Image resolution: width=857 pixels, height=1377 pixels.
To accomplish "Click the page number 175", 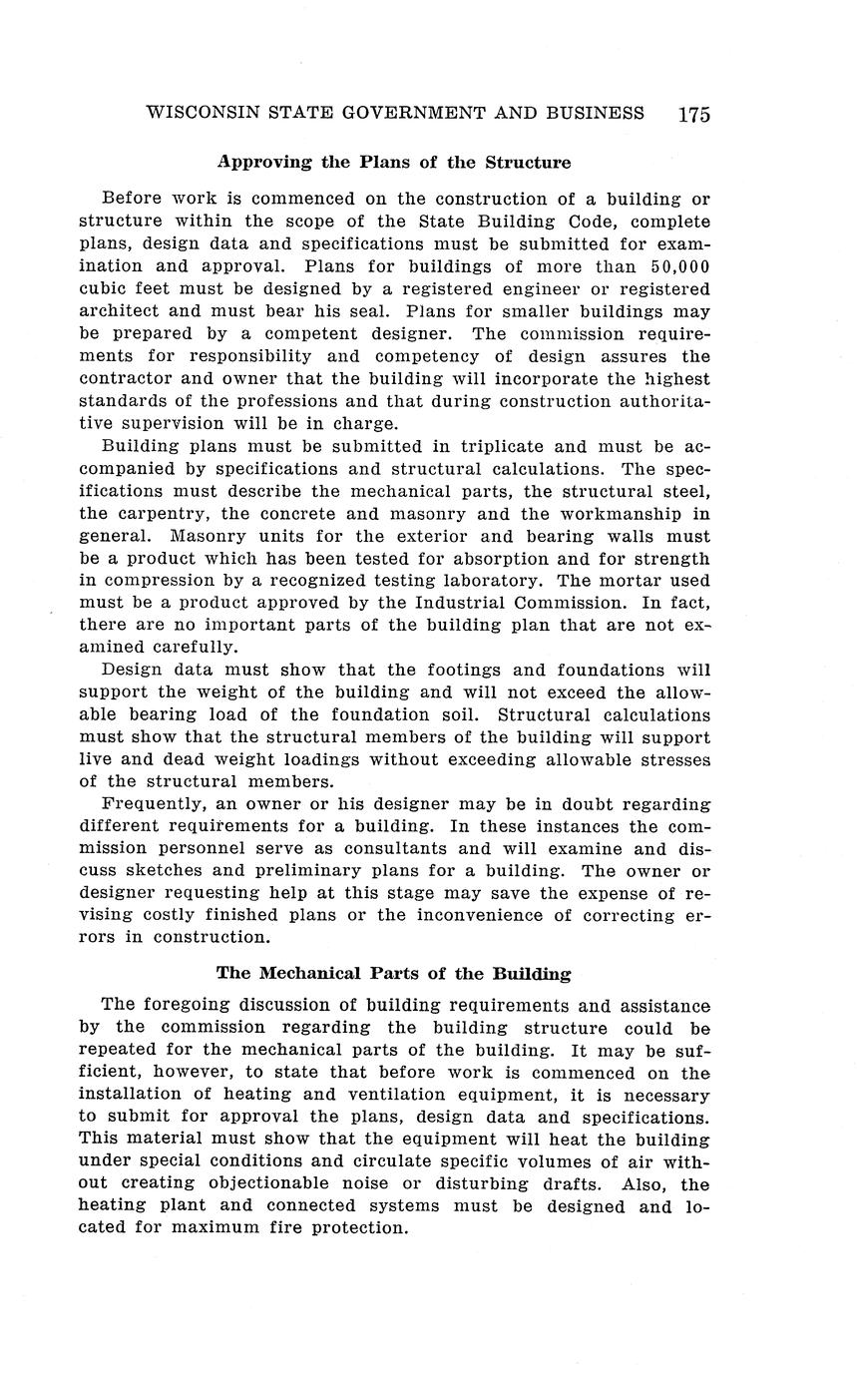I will (693, 114).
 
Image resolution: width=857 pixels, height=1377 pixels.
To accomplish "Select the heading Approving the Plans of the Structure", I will (394, 162).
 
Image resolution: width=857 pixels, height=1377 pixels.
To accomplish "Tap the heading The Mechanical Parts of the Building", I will (394, 973).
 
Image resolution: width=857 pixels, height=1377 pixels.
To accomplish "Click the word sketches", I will (166, 871).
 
